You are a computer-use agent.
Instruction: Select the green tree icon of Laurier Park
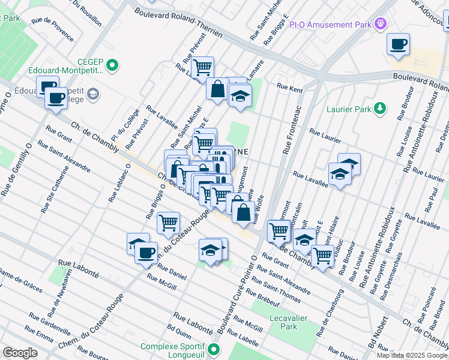(x=379, y=108)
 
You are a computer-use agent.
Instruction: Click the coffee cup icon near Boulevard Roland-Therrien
(x=398, y=44)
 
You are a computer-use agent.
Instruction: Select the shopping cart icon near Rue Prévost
(x=203, y=67)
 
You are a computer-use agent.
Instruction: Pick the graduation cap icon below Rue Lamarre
(x=240, y=96)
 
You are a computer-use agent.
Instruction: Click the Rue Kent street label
(x=289, y=88)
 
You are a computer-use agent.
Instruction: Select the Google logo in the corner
(x=20, y=353)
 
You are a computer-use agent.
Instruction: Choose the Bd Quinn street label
(x=179, y=330)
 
